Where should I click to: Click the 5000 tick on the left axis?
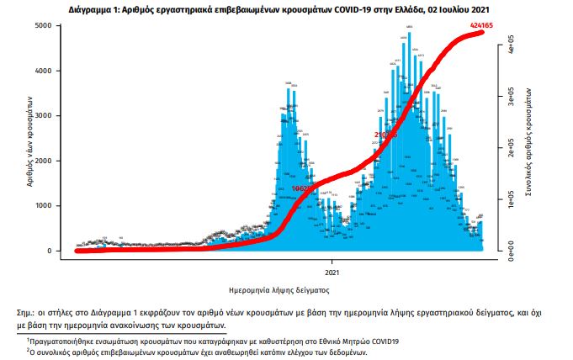(x=51, y=26)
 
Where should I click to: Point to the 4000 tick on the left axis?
(x=51, y=71)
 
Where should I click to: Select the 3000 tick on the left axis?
(x=51, y=116)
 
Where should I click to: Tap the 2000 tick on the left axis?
(x=51, y=161)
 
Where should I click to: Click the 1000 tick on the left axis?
(x=51, y=206)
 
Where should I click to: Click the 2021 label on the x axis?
(x=332, y=271)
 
